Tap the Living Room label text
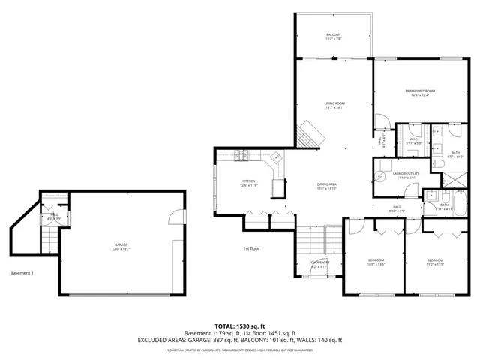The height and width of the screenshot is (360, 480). [334, 105]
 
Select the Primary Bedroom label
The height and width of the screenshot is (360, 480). [422, 92]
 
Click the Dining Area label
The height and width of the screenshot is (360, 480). [326, 186]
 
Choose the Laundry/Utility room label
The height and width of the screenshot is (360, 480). [404, 175]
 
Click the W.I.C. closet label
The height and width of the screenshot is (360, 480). [413, 140]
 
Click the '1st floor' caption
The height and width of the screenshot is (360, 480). [251, 248]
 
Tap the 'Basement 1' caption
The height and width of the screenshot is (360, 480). [22, 272]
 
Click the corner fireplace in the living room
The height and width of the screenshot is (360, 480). [310, 135]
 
